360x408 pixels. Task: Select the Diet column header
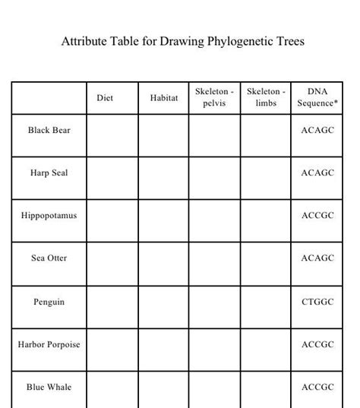[105, 98]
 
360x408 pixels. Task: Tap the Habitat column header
[163, 98]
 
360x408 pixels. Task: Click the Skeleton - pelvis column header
[214, 97]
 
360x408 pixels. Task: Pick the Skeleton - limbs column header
[266, 97]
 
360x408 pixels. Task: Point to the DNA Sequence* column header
[317, 97]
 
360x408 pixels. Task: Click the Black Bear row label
[49, 131]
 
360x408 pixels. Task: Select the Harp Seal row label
[49, 173]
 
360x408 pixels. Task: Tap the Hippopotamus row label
[49, 216]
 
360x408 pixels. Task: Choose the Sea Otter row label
[49, 258]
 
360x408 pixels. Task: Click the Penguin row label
[49, 302]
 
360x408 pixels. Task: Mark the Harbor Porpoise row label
[49, 345]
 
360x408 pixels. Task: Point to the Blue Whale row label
[49, 387]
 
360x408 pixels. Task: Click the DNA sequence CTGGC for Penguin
[317, 302]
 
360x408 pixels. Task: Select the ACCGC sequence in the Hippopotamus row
[317, 216]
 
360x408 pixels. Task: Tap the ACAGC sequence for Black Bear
[317, 131]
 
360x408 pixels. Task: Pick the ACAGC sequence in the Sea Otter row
[317, 258]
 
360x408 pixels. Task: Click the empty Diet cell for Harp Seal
[112, 178]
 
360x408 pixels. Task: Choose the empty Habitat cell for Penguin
[163, 307]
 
